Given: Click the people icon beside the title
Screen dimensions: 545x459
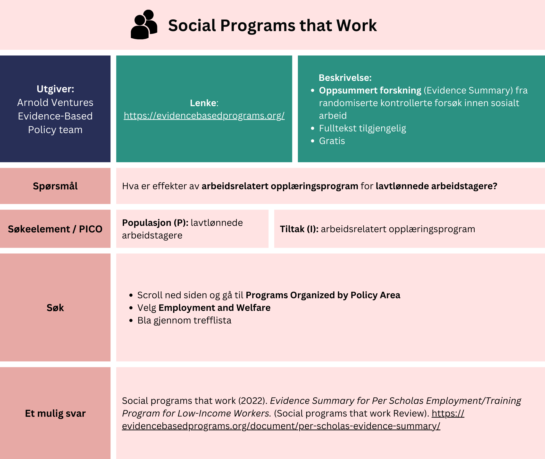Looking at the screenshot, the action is tap(144, 25).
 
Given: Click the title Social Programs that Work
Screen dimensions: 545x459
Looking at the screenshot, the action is tap(272, 25).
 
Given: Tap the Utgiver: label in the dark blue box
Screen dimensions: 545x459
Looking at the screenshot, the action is tap(55, 89).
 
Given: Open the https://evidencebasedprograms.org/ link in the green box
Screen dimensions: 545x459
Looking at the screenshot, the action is tap(204, 116).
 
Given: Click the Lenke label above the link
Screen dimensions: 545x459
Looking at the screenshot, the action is tap(204, 103).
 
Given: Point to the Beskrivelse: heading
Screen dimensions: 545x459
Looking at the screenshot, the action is tap(345, 77).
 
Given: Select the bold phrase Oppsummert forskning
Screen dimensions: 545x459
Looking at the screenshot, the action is tap(370, 90).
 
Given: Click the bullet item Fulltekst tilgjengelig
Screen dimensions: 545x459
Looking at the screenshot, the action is tap(362, 128).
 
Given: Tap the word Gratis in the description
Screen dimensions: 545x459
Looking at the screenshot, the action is tap(332, 141).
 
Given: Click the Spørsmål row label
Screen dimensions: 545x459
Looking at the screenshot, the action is tap(55, 186).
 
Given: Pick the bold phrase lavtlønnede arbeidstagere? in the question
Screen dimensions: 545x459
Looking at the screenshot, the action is tap(436, 186).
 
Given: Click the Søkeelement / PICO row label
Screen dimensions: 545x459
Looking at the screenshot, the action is tap(55, 229).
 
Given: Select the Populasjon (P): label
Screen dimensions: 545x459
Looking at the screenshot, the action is tap(155, 223).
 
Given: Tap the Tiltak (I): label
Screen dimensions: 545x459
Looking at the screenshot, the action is tap(299, 229).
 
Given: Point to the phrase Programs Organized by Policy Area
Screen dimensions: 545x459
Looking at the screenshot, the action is tap(323, 295).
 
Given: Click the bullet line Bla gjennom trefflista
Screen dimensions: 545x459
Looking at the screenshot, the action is tap(184, 320).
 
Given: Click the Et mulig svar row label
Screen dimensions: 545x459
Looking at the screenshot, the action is tap(55, 413).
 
